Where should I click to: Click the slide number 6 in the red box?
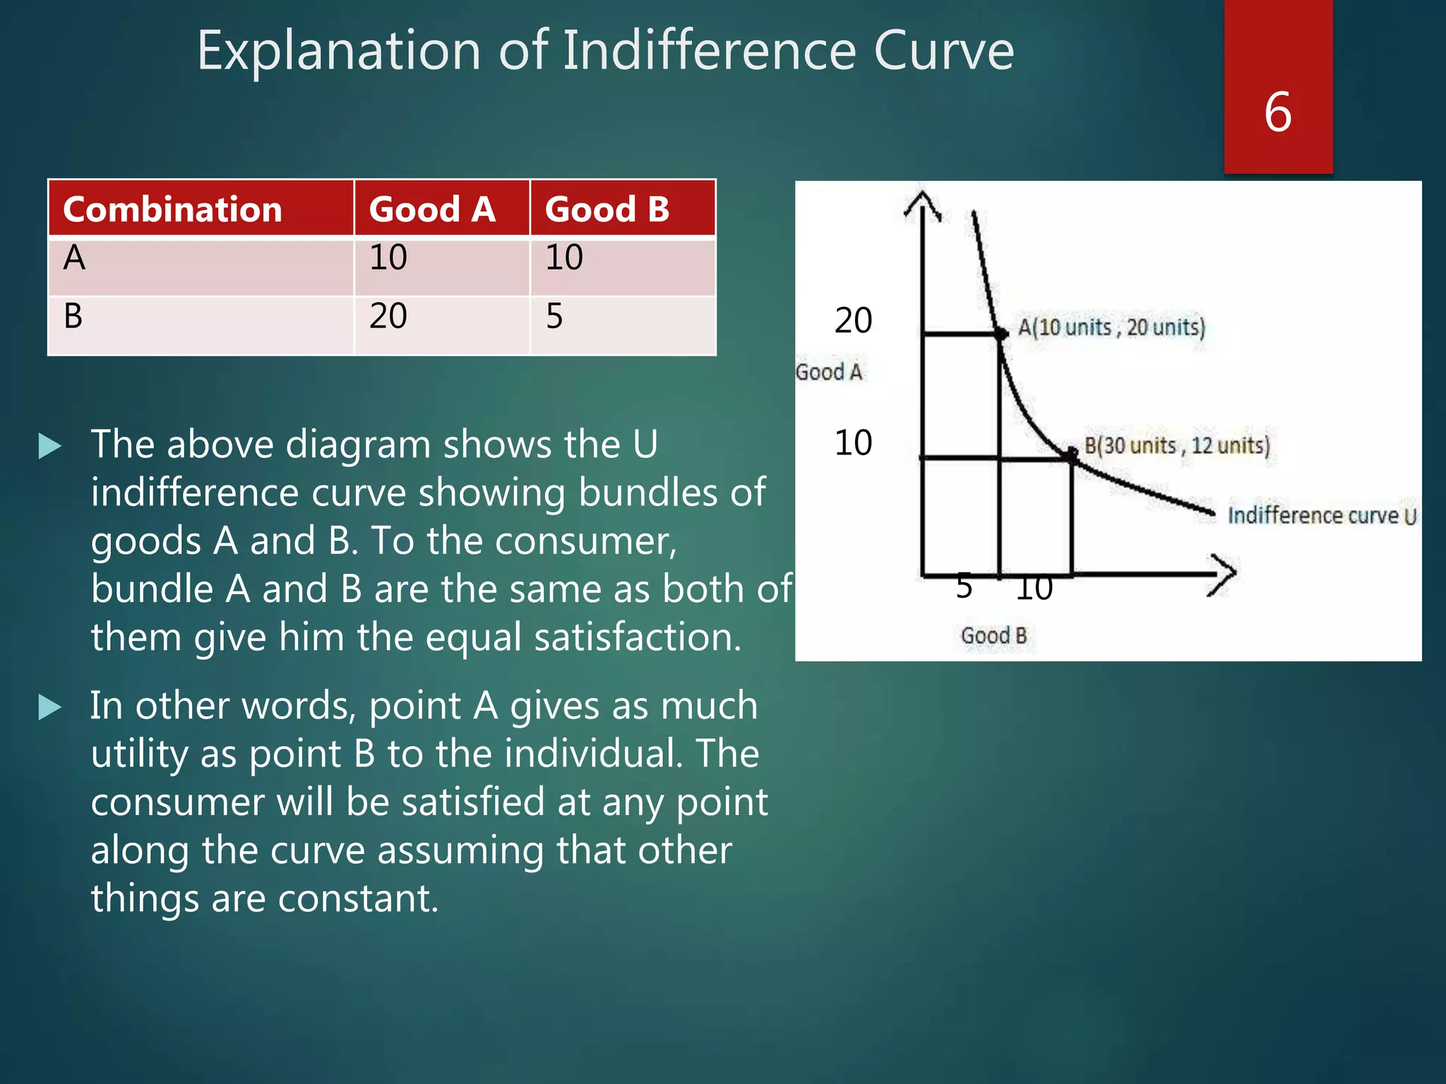(1278, 113)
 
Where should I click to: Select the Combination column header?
(172, 210)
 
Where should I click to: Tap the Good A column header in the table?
(432, 210)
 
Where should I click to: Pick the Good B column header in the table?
(607, 210)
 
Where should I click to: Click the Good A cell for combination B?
(389, 315)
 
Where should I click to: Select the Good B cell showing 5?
(555, 315)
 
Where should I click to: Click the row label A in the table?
(74, 258)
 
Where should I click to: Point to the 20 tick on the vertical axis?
(853, 320)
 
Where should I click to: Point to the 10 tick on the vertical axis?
(853, 443)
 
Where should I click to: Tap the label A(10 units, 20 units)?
(1111, 327)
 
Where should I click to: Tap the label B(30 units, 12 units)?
(1177, 446)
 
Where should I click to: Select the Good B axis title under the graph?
(993, 636)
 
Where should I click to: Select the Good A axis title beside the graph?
(829, 372)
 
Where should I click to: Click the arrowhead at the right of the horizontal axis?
(1224, 574)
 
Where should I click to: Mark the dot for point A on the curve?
(1001, 334)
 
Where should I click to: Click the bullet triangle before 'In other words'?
(49, 707)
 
